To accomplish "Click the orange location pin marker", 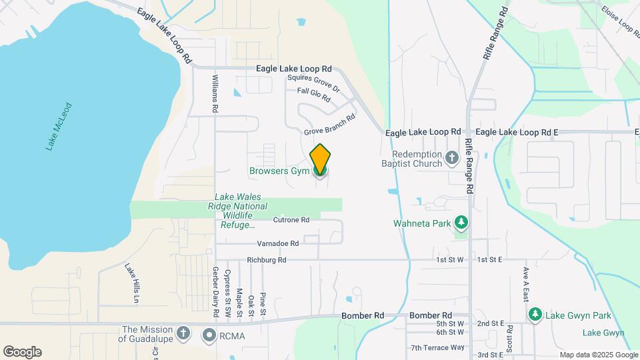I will point(320,159).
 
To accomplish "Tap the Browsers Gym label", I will point(279,171).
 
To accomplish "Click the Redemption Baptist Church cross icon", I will point(452,158).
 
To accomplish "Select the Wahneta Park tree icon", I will point(461,223).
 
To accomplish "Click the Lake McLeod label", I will point(59,126).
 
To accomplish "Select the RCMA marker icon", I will point(210,335).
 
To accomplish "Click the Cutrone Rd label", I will point(291,219).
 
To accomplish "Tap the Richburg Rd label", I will point(266,260).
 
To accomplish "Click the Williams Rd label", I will point(215,93).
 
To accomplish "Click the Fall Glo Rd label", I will point(314,95).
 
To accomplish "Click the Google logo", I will point(22,351).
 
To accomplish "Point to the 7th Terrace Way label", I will point(437,347).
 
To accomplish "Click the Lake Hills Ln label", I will point(131,283).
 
